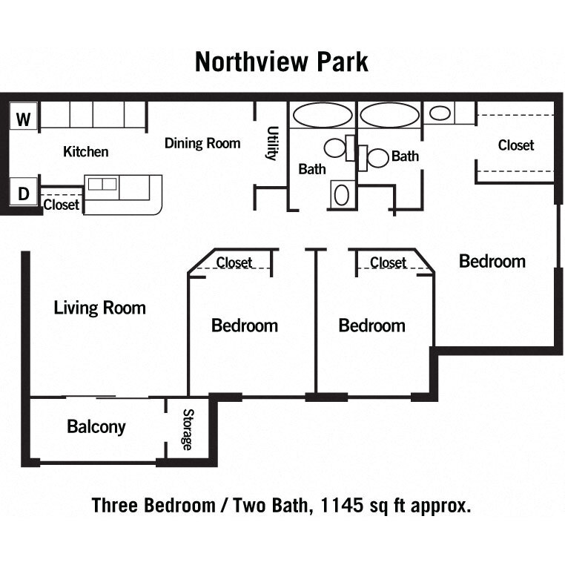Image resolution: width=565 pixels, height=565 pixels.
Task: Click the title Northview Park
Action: coord(281,62)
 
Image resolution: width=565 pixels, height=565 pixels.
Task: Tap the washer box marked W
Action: coord(24,119)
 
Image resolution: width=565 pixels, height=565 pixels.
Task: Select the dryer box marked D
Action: coord(24,194)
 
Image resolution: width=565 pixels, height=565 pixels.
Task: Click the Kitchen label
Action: coord(86,152)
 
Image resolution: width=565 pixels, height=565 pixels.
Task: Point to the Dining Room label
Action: coord(202,143)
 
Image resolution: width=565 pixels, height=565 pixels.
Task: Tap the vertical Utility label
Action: coord(271,143)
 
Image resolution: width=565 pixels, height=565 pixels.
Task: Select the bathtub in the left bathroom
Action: coord(323,116)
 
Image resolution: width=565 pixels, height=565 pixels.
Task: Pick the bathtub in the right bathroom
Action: coord(389,116)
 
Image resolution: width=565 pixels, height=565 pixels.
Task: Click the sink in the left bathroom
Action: coord(342,195)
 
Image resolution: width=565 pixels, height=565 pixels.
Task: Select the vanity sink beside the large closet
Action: coord(440,113)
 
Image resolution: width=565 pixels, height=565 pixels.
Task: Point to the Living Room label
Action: coord(100,308)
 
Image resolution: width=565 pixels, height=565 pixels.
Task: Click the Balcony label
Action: coord(96,427)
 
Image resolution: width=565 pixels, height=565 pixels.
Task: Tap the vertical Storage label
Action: coord(188,429)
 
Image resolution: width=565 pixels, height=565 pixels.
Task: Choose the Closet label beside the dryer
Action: coord(62,205)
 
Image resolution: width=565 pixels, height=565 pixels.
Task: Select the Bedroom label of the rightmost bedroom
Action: coord(492,261)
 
